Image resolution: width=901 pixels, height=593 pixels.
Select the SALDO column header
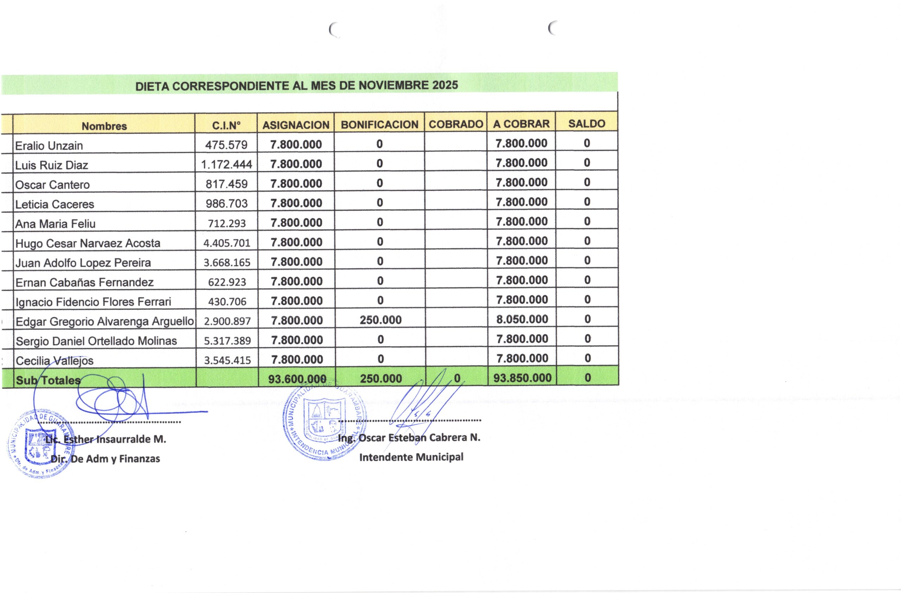point(586,123)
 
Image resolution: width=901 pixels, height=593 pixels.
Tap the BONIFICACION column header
point(379,124)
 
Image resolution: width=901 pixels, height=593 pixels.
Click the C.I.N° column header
point(226,125)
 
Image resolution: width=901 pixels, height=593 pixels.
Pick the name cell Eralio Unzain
point(49,146)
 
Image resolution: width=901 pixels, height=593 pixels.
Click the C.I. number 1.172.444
point(226,165)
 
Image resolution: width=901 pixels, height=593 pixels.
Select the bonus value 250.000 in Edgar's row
point(380,320)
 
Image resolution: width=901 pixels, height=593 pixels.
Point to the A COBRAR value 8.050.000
point(522,319)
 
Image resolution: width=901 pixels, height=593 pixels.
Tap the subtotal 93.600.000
point(297,379)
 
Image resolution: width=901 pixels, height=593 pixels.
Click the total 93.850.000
point(522,378)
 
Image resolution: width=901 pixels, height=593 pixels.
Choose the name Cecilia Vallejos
point(55,361)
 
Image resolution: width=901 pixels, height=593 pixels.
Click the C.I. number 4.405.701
point(227,243)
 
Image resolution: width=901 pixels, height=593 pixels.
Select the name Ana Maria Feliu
point(55,224)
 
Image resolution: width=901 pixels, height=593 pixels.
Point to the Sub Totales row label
point(48,380)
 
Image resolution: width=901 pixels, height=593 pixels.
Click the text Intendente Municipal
point(411,457)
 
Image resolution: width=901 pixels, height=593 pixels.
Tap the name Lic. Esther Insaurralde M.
point(106,439)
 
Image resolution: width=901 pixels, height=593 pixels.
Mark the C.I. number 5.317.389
point(227,341)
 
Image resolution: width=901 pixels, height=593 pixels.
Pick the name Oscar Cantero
point(52,185)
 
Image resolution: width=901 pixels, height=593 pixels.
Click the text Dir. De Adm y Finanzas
point(105,459)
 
